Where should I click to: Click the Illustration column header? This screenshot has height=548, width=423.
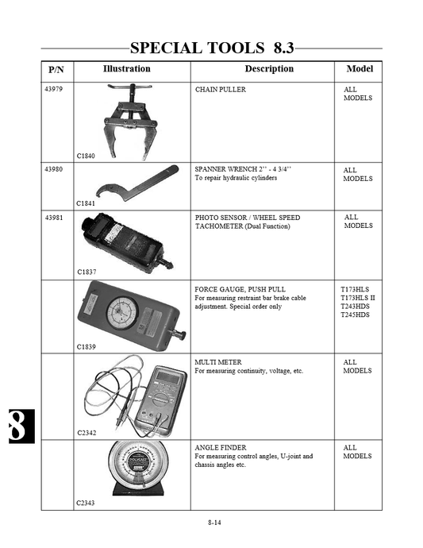click(127, 69)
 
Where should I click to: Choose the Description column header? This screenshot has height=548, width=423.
click(268, 69)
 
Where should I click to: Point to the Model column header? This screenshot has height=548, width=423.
click(360, 69)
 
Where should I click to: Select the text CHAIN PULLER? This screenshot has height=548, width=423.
click(221, 90)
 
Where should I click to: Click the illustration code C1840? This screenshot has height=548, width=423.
click(87, 156)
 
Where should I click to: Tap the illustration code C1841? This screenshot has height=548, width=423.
click(87, 203)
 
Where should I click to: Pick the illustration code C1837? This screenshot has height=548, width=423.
click(87, 272)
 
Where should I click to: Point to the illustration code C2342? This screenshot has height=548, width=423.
click(87, 433)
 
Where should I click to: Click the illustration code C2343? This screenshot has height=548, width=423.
click(87, 503)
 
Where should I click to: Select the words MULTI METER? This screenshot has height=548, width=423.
click(217, 362)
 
